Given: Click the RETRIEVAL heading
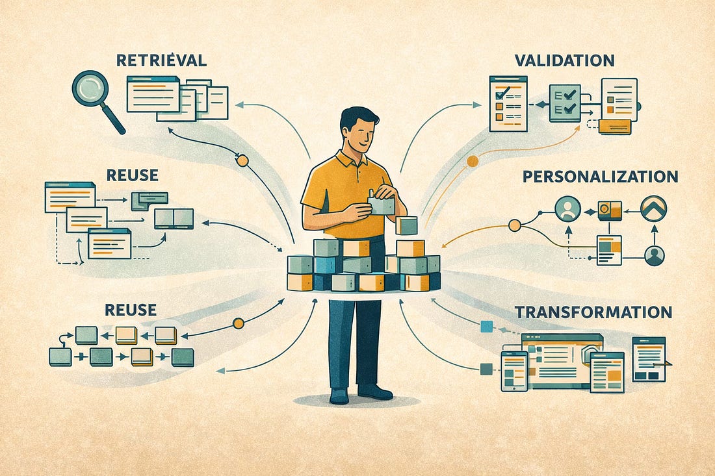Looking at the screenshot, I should tap(161, 60).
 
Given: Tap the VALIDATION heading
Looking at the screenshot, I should tap(564, 60).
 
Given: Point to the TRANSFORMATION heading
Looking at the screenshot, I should tap(593, 312).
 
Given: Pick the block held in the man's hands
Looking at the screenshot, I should tap(382, 205).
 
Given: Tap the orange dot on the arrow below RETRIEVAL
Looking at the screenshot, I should tap(242, 160).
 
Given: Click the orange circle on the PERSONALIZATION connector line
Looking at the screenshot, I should tap(515, 225).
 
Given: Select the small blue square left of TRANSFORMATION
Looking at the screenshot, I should tap(483, 327).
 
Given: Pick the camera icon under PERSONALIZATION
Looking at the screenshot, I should tap(610, 210).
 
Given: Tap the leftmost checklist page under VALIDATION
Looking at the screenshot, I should tap(508, 103).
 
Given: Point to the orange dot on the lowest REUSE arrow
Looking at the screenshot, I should tap(238, 323).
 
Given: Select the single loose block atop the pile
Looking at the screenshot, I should tap(406, 225).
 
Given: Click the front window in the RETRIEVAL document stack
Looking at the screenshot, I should tap(153, 94).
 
